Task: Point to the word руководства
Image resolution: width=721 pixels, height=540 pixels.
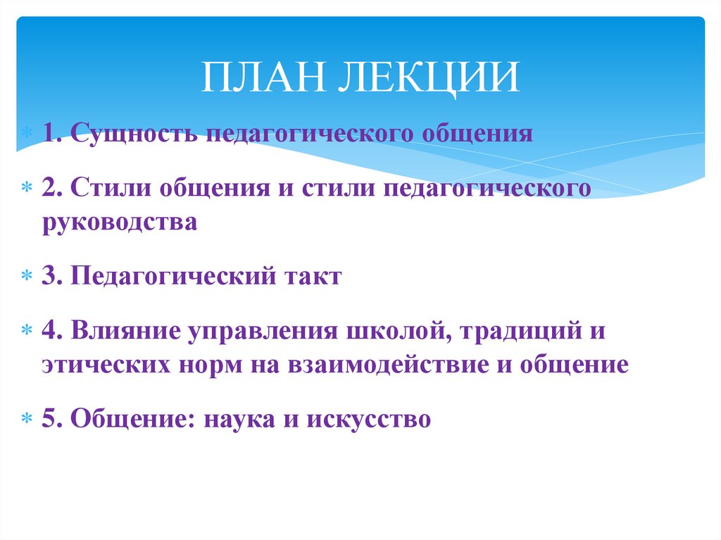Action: (x=118, y=222)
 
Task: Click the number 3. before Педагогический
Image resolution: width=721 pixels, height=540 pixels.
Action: (x=50, y=275)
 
